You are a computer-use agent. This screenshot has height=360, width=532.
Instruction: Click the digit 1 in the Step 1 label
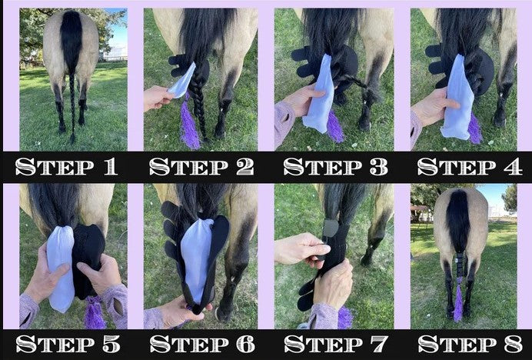click(x=111, y=167)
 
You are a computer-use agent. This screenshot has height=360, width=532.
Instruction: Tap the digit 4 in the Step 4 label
click(x=513, y=167)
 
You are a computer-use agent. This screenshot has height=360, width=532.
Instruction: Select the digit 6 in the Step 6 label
click(x=245, y=344)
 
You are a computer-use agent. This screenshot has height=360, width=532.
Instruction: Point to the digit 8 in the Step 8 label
click(x=513, y=344)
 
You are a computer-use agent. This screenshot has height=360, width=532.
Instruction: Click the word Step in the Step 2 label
click(x=188, y=167)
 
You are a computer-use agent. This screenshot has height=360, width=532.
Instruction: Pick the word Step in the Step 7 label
click(x=324, y=344)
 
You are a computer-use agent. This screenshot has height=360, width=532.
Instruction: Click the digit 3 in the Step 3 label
click(x=379, y=167)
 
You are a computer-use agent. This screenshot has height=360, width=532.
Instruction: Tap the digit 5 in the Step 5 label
click(x=111, y=344)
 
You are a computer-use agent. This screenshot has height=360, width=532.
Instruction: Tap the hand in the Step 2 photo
click(x=157, y=98)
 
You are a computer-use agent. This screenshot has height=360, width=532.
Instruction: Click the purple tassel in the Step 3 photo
click(x=335, y=126)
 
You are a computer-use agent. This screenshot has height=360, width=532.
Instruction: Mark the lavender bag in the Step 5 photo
click(x=61, y=268)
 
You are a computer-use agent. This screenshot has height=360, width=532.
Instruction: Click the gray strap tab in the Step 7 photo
click(x=331, y=228)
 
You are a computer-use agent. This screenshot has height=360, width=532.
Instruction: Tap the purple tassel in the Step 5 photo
click(x=95, y=312)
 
